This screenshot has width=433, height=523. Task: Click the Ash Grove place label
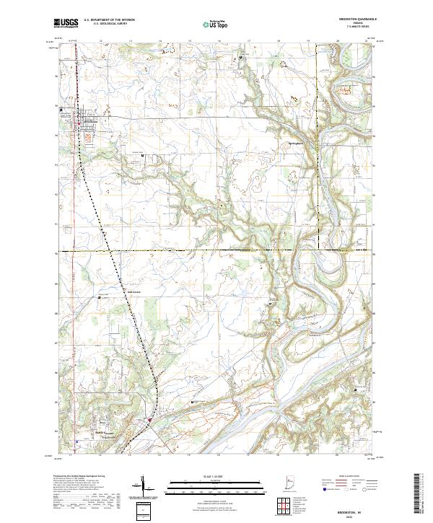(134, 292)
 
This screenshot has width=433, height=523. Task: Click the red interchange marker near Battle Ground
(149, 418)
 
